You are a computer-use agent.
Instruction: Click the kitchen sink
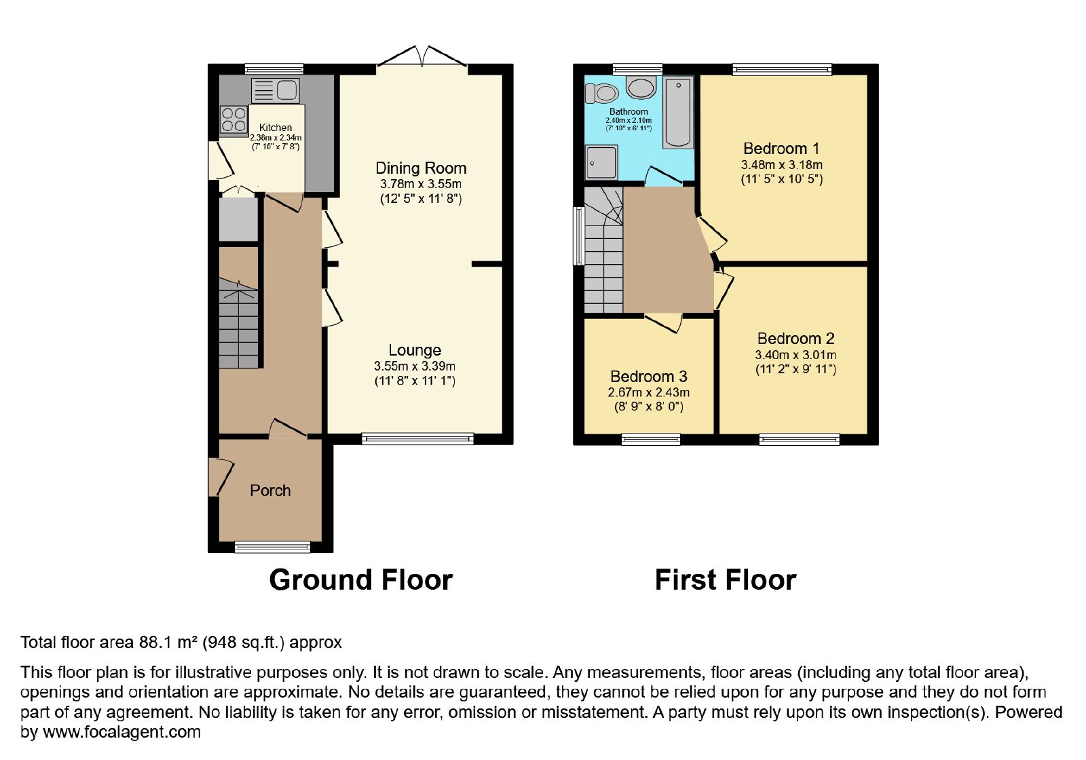[x=275, y=91]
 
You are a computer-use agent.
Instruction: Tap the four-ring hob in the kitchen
[x=233, y=119]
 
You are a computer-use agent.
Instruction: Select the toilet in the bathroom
[x=601, y=93]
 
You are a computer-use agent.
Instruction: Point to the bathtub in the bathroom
[x=678, y=113]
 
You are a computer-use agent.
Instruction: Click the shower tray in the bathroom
[x=601, y=162]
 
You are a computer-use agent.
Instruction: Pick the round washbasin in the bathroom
[x=641, y=88]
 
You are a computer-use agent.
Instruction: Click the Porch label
[x=270, y=491]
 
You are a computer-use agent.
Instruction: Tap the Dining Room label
[x=421, y=168]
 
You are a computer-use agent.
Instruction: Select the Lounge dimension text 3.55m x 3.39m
[x=415, y=366]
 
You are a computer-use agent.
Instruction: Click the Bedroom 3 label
[x=649, y=376]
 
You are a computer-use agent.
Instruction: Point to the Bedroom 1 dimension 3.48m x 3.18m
[x=781, y=165]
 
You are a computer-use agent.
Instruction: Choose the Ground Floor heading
[x=360, y=579]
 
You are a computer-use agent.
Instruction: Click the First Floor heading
[x=726, y=579]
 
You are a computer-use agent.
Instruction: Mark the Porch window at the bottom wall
[x=272, y=547]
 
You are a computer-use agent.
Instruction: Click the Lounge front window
[x=417, y=438]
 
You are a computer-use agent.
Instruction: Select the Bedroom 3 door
[x=662, y=322]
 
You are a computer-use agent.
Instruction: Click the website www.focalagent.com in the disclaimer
[x=121, y=731]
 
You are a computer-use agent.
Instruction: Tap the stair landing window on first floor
[x=578, y=236]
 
